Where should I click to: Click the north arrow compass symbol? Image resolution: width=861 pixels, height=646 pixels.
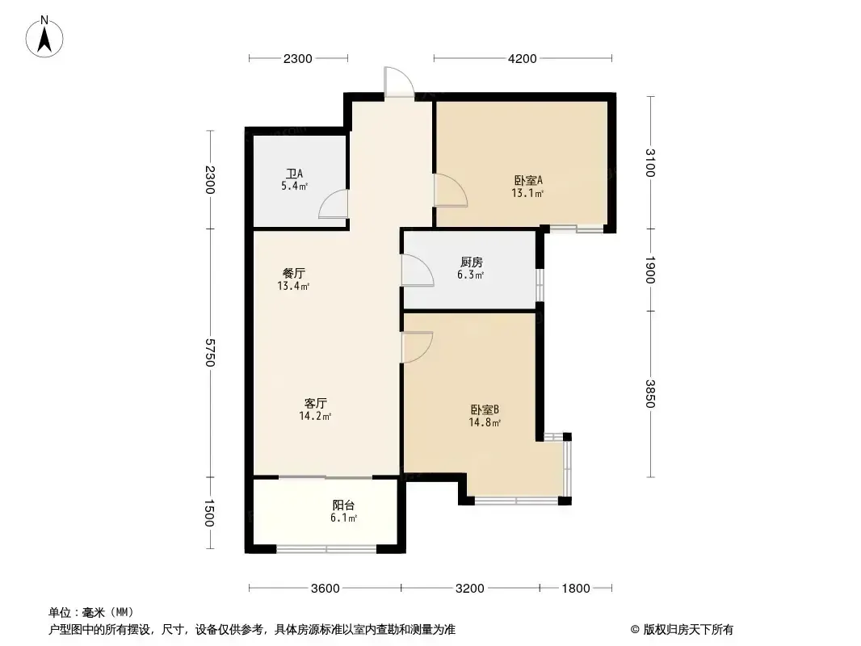[44, 37]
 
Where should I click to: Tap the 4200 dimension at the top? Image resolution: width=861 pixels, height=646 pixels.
[523, 59]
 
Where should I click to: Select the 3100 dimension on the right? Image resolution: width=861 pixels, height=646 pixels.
[650, 162]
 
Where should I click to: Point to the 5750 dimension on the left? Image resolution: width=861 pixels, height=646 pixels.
[210, 352]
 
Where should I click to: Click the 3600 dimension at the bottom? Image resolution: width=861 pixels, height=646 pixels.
[325, 589]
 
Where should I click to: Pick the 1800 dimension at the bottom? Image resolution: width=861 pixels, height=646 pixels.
[575, 589]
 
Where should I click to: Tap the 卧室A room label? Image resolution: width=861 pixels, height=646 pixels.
[528, 180]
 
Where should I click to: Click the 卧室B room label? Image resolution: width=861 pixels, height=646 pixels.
[485, 409]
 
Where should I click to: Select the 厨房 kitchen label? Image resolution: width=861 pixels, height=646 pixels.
[471, 262]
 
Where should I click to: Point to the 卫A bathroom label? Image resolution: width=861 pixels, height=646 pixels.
[294, 174]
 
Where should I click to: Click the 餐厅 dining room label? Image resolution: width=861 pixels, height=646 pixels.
[294, 273]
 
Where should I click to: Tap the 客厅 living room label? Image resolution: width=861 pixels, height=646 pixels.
[316, 403]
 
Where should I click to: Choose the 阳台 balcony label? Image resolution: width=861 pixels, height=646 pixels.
[344, 505]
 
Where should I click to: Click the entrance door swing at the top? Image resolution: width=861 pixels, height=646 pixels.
[399, 82]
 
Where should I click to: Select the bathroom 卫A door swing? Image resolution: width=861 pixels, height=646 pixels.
[334, 204]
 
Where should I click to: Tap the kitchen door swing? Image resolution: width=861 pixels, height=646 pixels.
[418, 270]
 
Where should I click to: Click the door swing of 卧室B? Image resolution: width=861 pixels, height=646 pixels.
[418, 347]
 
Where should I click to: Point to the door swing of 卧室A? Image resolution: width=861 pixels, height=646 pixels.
[451, 191]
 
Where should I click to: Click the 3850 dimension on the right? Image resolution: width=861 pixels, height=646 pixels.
[650, 393]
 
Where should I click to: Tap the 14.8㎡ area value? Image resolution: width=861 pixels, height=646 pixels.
[485, 422]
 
